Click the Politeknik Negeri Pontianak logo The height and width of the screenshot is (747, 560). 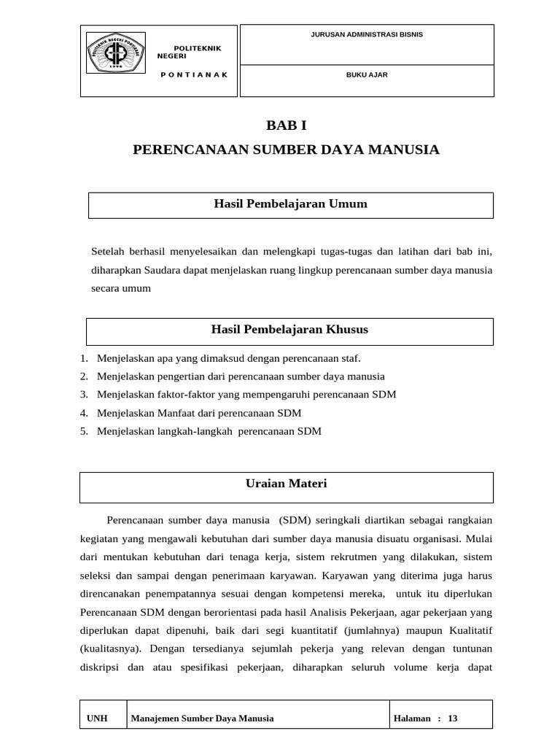116,53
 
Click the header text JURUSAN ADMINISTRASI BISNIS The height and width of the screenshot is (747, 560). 367,34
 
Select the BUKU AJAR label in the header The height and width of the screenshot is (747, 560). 367,74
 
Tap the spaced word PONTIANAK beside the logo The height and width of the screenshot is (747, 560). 194,74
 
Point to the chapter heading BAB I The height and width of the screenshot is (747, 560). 287,126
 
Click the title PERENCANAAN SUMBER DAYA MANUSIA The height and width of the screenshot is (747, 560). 287,150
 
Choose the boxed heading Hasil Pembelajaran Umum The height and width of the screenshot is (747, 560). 290,204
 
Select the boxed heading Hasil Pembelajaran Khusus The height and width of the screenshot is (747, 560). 289,330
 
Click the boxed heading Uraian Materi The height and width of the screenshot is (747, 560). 286,484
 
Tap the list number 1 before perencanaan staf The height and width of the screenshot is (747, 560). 84,358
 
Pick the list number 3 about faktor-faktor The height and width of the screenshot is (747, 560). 84,395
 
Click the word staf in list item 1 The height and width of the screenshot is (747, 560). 351,358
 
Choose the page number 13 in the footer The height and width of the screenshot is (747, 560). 453,719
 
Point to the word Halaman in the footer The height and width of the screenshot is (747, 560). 412,719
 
